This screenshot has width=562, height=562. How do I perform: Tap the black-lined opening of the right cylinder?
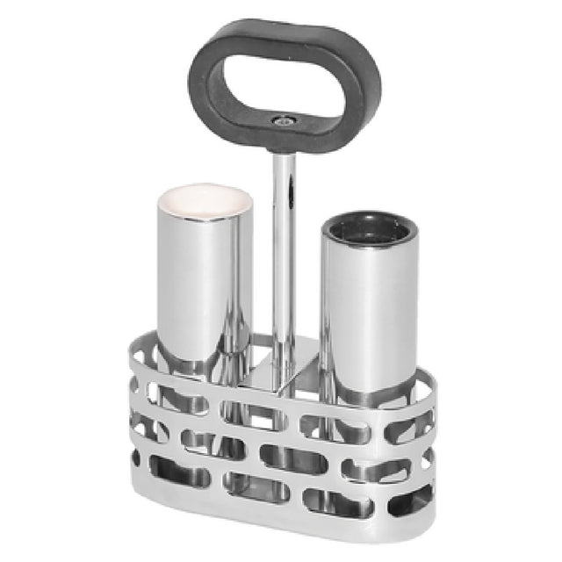(369, 230)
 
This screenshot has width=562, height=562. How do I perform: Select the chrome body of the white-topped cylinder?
(204, 281)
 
